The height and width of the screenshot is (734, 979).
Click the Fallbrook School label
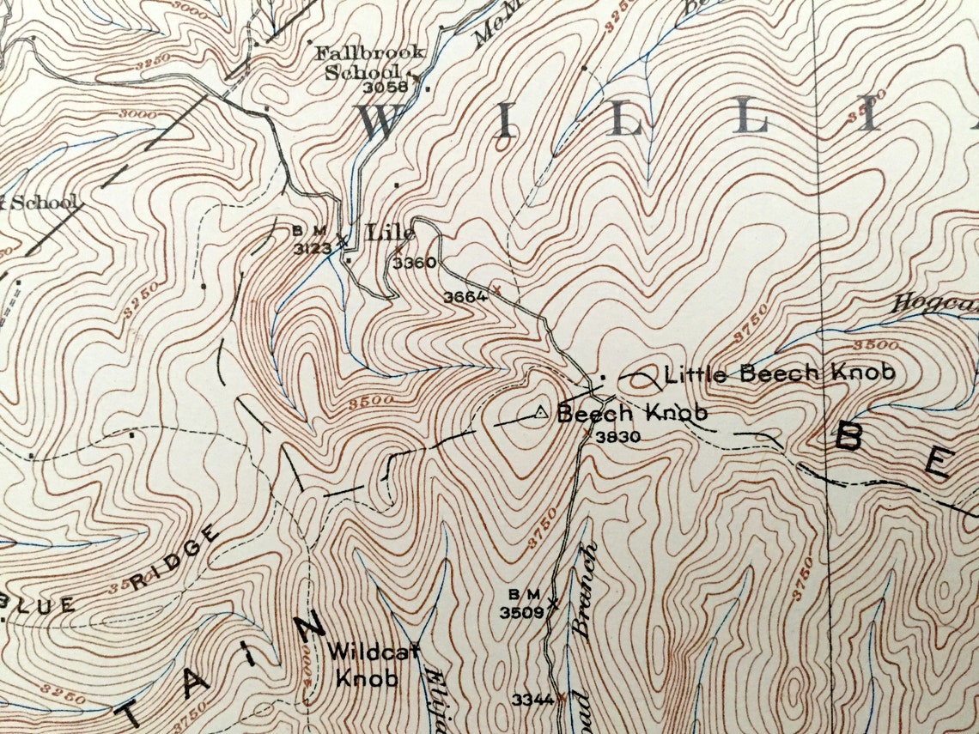[x=369, y=62]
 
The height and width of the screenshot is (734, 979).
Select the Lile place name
[x=390, y=232]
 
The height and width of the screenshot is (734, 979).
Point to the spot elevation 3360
[x=414, y=264]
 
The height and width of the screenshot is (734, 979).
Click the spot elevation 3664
[x=465, y=297]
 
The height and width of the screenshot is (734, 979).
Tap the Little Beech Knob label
[x=780, y=373]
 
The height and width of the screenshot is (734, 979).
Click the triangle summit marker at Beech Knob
[x=540, y=413]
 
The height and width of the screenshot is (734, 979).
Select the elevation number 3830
[x=618, y=436]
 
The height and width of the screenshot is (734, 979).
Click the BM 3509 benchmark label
[x=522, y=604]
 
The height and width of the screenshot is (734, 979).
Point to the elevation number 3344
[x=532, y=700]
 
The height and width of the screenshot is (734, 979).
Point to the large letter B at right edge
[x=850, y=437]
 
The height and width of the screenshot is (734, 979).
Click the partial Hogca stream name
[x=933, y=302]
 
